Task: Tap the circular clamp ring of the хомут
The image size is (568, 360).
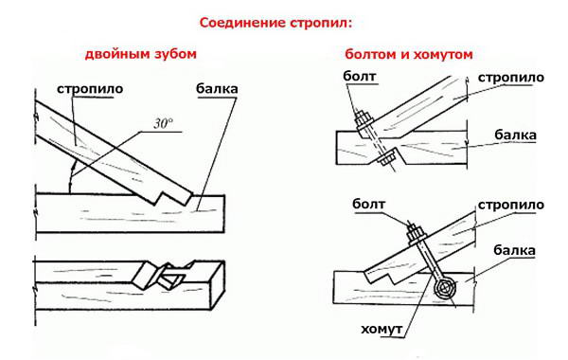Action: pyautogui.click(x=446, y=288)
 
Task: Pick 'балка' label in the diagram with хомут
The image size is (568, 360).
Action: pyautogui.click(x=516, y=251)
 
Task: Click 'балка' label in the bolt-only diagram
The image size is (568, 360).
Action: pyautogui.click(x=515, y=135)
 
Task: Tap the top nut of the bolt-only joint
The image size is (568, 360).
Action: pyautogui.click(x=364, y=121)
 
